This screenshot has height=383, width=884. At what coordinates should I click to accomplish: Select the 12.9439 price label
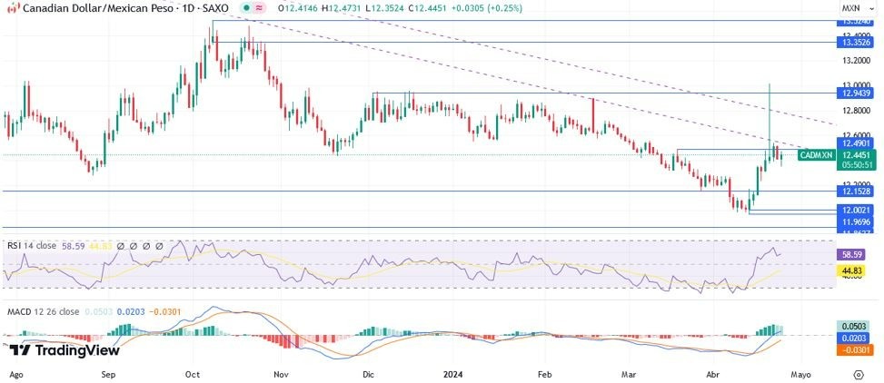pyautogui.click(x=857, y=93)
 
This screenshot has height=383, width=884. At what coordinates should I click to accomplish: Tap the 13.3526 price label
pyautogui.click(x=857, y=42)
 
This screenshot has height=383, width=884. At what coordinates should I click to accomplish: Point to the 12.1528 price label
pyautogui.click(x=857, y=191)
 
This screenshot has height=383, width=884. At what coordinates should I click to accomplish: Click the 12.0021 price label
pyautogui.click(x=857, y=210)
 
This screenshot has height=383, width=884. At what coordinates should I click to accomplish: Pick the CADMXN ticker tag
pyautogui.click(x=816, y=155)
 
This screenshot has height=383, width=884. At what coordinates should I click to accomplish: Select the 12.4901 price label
pyautogui.click(x=857, y=142)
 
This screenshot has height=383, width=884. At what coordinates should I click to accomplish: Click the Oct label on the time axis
pyautogui.click(x=192, y=373)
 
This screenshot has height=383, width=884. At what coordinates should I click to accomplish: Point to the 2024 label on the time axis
pyautogui.click(x=455, y=373)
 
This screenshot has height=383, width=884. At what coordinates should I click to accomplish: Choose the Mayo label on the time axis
pyautogui.click(x=800, y=373)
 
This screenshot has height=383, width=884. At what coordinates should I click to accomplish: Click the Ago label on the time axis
pyautogui.click(x=16, y=373)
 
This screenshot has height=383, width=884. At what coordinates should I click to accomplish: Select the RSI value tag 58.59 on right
pyautogui.click(x=857, y=255)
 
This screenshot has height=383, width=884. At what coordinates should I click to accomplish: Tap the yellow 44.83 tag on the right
pyautogui.click(x=857, y=270)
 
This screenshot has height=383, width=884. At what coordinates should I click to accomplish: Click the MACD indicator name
pyautogui.click(x=21, y=312)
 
